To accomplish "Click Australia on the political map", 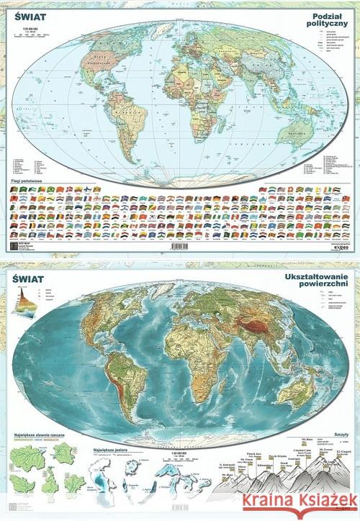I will coord(295,134).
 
